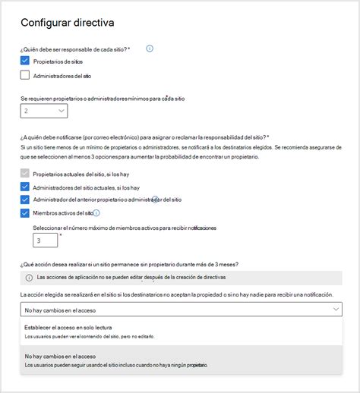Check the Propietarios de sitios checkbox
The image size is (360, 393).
coord(25,61)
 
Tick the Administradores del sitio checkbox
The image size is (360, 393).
coord(25,75)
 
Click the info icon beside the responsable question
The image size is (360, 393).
coord(150,49)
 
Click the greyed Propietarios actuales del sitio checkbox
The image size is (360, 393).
coord(25,174)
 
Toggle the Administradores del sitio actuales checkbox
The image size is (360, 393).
coord(25,187)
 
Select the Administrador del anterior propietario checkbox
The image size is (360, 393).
coord(25,200)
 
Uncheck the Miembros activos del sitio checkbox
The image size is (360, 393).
coord(25,213)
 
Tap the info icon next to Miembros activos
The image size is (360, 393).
coord(96,213)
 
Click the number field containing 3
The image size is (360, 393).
coord(45,241)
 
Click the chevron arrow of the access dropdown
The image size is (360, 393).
coord(336,310)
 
